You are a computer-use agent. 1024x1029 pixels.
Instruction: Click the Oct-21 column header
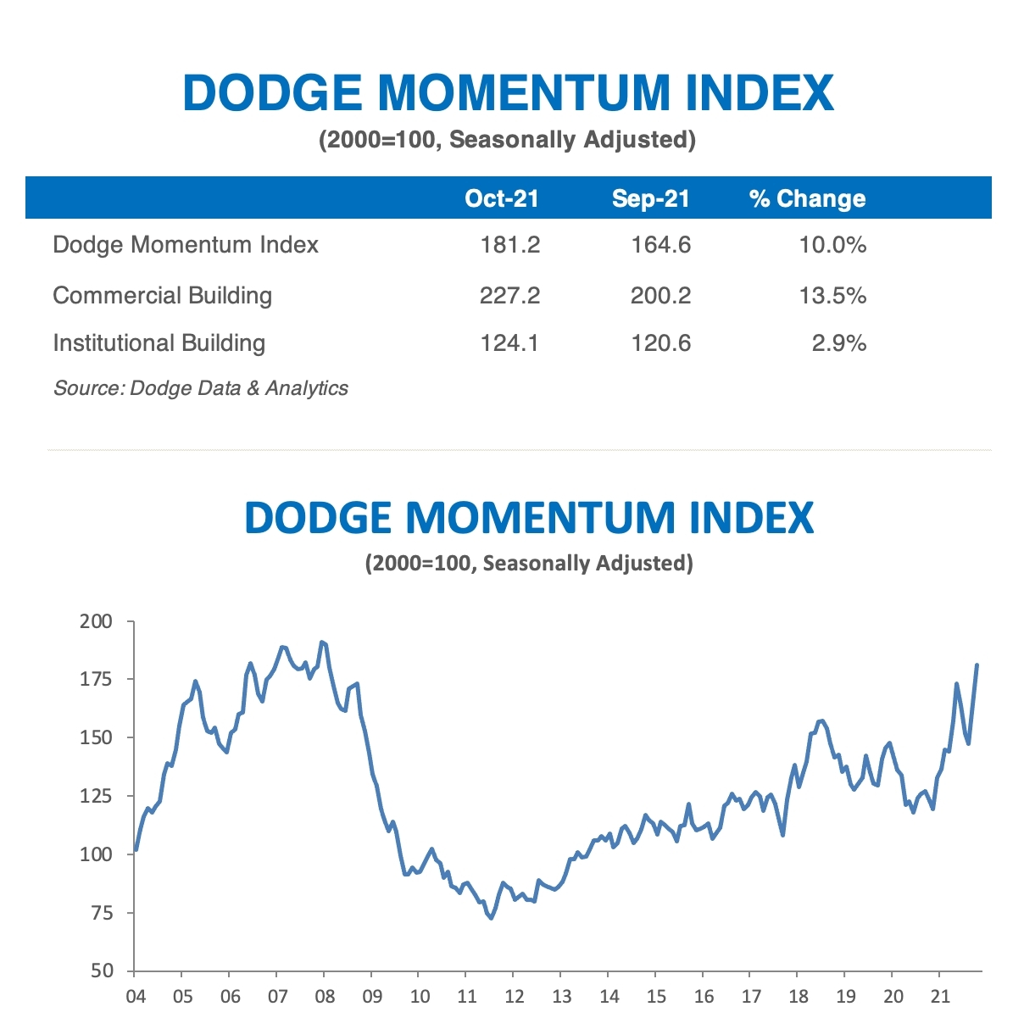click(502, 198)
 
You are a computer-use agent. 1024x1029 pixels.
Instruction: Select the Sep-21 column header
click(651, 198)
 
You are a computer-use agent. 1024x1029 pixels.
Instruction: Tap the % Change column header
click(807, 198)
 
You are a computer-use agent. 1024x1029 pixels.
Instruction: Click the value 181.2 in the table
click(509, 245)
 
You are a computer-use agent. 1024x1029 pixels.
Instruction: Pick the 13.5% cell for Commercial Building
click(832, 296)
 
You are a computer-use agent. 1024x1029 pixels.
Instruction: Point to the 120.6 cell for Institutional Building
click(660, 343)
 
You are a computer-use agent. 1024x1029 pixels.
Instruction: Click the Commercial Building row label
click(163, 296)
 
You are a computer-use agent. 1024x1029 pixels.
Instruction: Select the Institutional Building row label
click(159, 343)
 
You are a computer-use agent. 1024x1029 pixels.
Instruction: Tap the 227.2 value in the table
click(509, 296)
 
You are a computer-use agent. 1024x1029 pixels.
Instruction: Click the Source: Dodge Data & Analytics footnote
click(201, 388)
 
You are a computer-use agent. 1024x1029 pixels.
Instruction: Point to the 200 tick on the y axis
click(96, 621)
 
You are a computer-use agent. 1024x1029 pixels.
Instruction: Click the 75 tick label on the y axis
click(102, 913)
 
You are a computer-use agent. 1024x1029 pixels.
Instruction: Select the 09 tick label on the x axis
click(372, 996)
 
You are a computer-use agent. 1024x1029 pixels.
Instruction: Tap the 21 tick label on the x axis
click(940, 996)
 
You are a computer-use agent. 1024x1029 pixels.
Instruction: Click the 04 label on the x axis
click(136, 996)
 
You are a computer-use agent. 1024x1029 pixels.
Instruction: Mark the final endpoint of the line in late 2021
click(977, 665)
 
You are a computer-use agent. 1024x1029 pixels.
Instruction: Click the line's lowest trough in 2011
click(492, 918)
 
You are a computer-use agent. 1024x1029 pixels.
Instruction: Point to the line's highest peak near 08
click(321, 642)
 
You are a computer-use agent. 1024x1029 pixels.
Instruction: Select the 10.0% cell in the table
click(832, 245)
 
